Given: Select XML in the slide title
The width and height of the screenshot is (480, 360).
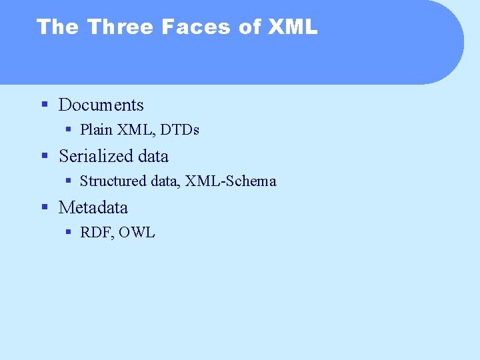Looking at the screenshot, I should [293, 27].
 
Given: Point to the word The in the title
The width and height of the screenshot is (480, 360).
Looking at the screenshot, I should [58, 27].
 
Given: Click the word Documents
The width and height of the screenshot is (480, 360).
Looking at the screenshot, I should [101, 105].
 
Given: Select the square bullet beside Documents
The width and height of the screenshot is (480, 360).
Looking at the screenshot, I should [45, 105].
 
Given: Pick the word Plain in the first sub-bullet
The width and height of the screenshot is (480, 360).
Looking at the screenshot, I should [96, 129].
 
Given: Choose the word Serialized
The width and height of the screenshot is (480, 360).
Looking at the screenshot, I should [95, 156].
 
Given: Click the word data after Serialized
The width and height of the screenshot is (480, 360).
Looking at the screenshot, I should [153, 156].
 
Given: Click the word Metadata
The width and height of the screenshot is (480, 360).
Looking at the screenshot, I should [93, 207].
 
